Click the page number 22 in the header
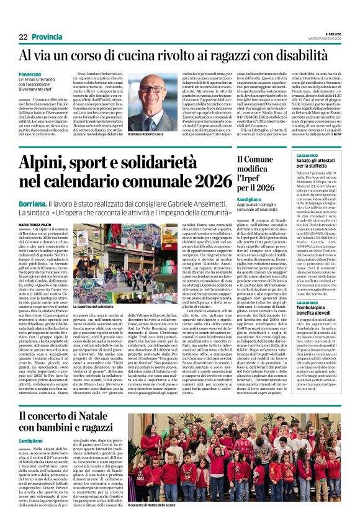tap(23, 37)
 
